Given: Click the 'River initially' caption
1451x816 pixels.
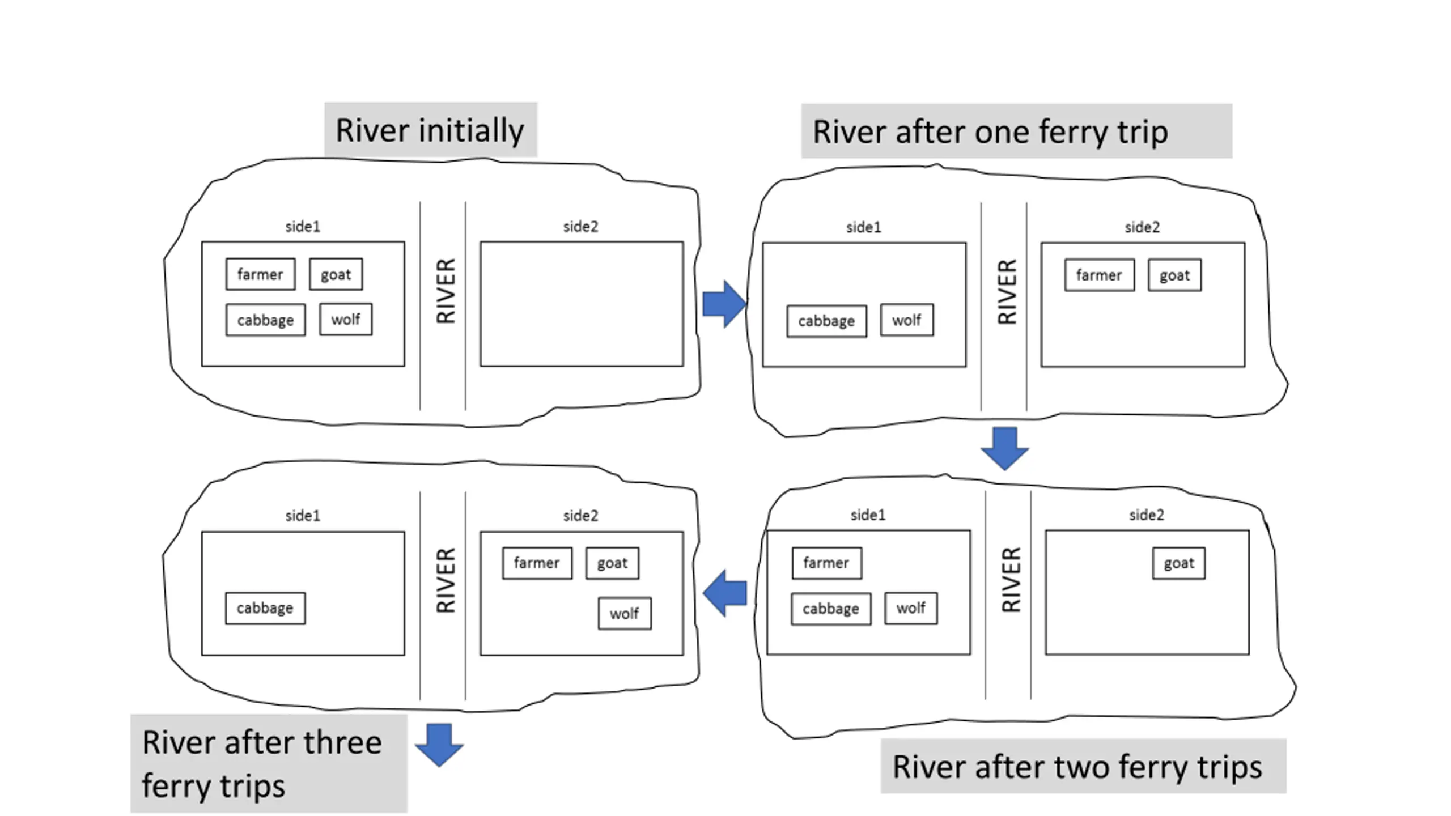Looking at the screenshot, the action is click(430, 130).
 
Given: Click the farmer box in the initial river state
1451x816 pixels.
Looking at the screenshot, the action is click(260, 274).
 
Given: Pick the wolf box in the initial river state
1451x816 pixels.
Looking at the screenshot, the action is click(346, 320).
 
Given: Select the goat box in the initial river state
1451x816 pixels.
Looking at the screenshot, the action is click(336, 274).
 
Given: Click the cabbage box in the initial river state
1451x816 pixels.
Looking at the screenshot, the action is click(265, 320).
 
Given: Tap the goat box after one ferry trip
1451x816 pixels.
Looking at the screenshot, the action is click(1174, 275).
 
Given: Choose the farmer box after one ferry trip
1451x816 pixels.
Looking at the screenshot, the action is click(1100, 275).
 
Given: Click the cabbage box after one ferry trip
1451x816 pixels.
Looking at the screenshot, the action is click(826, 321).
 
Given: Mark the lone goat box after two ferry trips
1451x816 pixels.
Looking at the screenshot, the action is click(1179, 563).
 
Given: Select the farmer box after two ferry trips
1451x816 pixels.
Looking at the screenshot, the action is click(826, 563).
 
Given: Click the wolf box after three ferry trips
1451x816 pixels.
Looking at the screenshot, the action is click(625, 614).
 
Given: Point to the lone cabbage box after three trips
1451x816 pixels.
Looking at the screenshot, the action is click(265, 609).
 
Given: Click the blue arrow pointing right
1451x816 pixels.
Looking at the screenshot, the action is click(724, 304).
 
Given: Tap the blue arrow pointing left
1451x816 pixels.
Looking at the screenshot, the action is click(724, 593).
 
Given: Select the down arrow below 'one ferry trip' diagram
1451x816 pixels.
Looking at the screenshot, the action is click(1005, 449).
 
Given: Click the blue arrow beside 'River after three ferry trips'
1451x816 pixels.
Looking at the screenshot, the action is click(439, 745).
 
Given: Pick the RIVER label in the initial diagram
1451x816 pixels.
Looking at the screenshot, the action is click(446, 291).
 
